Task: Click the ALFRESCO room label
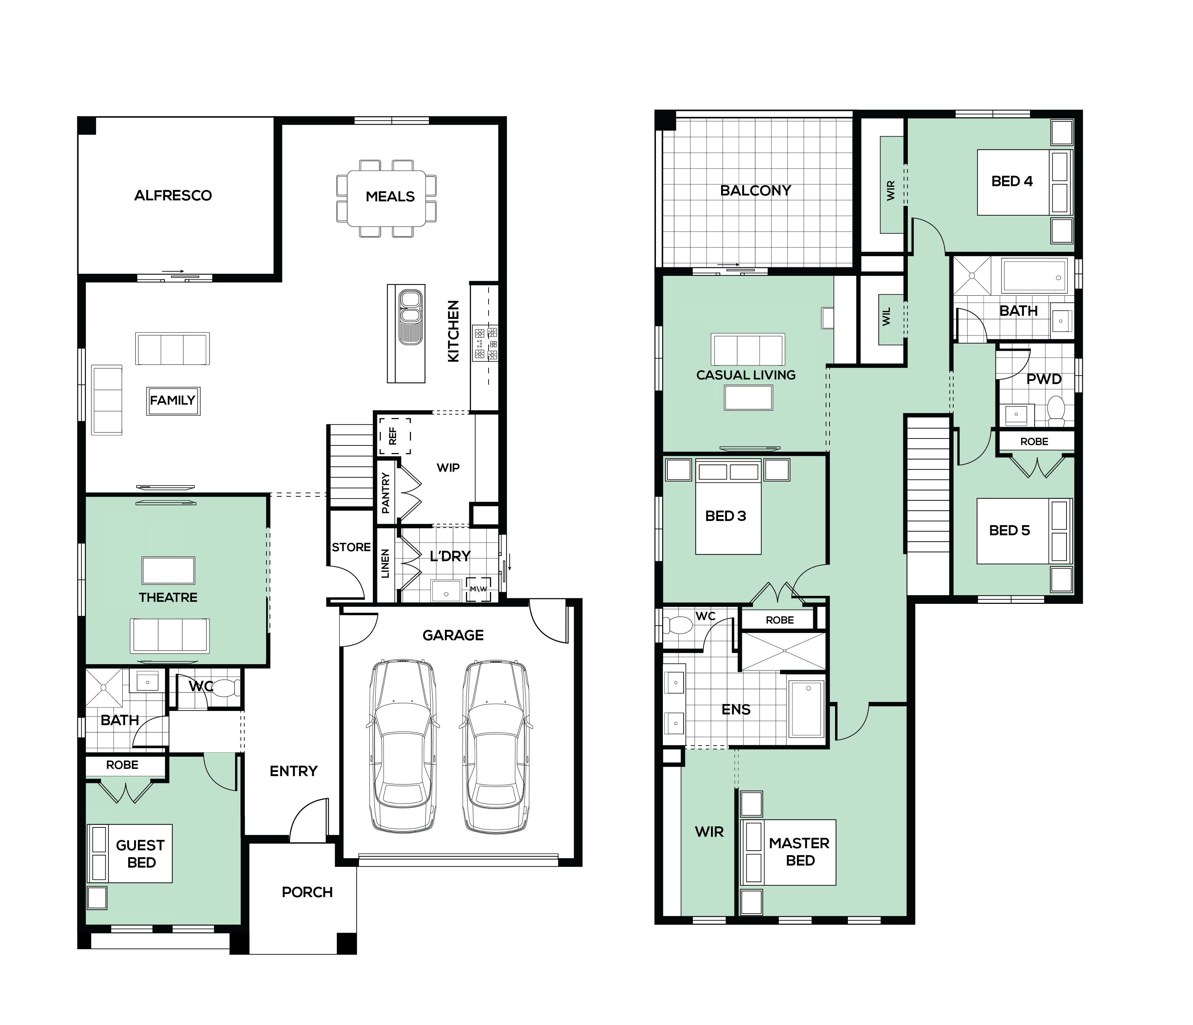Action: pos(173,196)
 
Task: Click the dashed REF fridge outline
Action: pos(395,436)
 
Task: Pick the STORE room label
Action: pos(351,547)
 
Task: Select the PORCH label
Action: pos(307,892)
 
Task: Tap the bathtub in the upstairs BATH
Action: pos(1034,276)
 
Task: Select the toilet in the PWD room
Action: pos(1056,410)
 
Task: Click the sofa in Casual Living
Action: pos(748,349)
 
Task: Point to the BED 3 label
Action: pos(726,516)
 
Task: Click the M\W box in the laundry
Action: pos(479,589)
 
